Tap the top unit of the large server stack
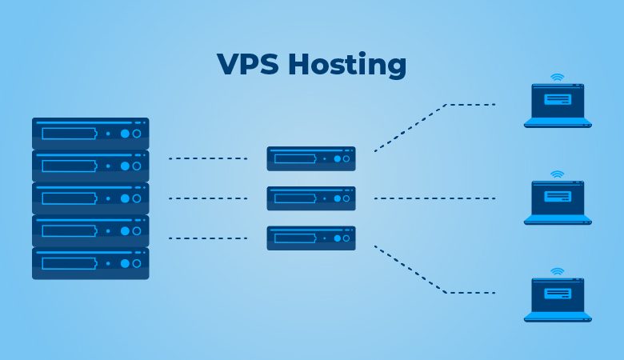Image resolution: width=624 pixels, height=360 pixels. click(x=90, y=134)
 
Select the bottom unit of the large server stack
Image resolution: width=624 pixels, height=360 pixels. click(x=90, y=263)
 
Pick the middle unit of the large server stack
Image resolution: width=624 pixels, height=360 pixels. click(x=90, y=198)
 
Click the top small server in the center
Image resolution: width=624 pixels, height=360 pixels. click(x=311, y=158)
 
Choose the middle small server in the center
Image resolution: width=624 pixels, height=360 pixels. click(x=311, y=198)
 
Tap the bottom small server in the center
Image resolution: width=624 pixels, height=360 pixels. click(x=311, y=238)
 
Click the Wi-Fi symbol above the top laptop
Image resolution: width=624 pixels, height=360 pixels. click(x=558, y=78)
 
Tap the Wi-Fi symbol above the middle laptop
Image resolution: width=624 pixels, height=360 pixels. click(x=558, y=174)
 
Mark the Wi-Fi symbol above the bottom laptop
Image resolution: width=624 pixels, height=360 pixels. click(x=558, y=271)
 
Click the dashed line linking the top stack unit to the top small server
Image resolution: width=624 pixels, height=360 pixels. click(x=208, y=158)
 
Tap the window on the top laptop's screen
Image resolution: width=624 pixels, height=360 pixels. click(x=558, y=100)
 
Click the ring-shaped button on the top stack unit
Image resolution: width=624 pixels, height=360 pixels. click(x=137, y=134)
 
